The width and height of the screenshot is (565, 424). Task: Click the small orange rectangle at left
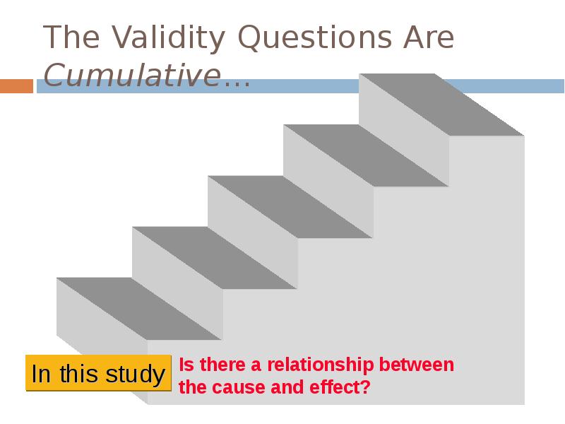[x=16, y=86]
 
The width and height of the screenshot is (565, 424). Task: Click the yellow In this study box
[x=98, y=373]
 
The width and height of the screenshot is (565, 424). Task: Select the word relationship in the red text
[x=321, y=365]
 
